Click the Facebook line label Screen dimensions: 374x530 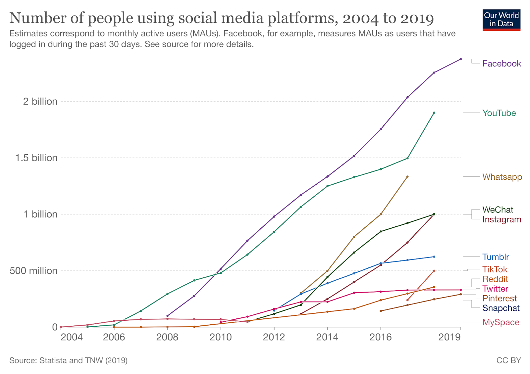[501, 64]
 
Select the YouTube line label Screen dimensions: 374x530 [499, 113]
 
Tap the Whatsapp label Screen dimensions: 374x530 [502, 177]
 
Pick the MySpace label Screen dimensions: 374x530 [501, 322]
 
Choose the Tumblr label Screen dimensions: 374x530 [496, 257]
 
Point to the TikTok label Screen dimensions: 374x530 [495, 269]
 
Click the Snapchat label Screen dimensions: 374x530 [501, 308]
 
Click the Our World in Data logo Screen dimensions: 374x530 [501, 20]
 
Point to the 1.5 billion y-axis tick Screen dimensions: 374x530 [36, 158]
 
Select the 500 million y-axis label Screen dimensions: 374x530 [33, 271]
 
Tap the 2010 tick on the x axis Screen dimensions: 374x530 [221, 337]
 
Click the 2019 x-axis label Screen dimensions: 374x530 [449, 337]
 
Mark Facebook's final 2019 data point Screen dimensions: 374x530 [460, 59]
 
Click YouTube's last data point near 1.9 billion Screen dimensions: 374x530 [434, 113]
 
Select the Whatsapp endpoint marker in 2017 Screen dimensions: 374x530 [407, 176]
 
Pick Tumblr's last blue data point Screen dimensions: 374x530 [434, 257]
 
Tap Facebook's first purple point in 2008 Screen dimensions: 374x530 [167, 316]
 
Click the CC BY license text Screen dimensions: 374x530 [508, 360]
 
